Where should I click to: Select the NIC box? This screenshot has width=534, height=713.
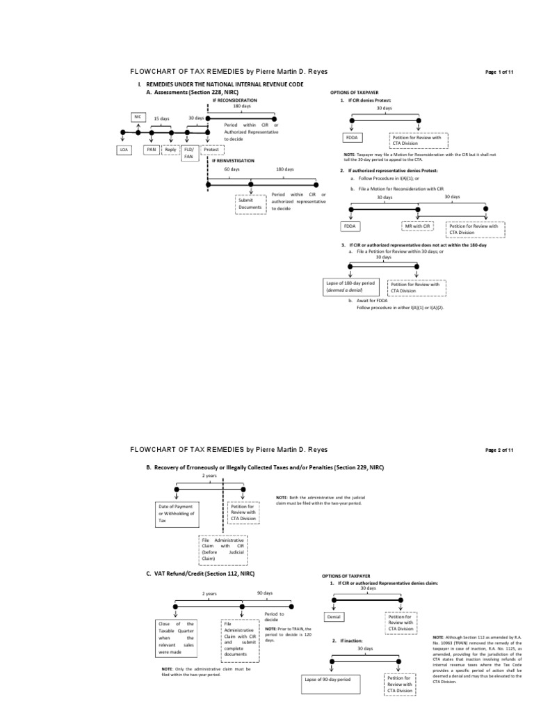click(x=138, y=117)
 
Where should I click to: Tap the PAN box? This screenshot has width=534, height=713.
click(x=150, y=150)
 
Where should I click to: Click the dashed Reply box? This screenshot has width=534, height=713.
click(x=170, y=150)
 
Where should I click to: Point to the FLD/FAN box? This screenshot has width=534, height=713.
click(x=188, y=153)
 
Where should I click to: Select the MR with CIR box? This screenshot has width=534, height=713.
click(x=418, y=226)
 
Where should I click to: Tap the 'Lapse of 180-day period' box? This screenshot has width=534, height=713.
click(x=350, y=287)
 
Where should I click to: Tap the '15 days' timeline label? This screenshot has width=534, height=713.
click(x=161, y=118)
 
